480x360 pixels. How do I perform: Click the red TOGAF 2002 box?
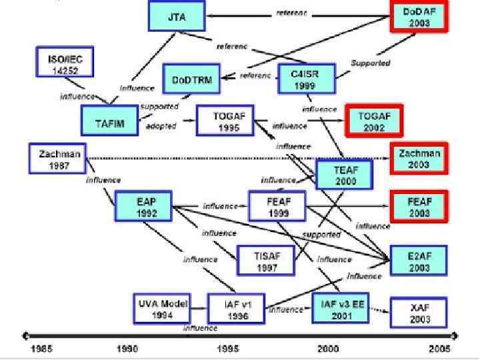point(374,121)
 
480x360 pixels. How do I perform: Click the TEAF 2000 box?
point(345,175)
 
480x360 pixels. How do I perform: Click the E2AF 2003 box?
point(419,260)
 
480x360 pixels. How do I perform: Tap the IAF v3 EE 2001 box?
point(341,307)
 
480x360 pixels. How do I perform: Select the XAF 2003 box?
point(419,313)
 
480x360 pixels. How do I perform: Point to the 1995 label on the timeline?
point(229,349)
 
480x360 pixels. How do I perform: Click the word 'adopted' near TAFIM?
point(160,127)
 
